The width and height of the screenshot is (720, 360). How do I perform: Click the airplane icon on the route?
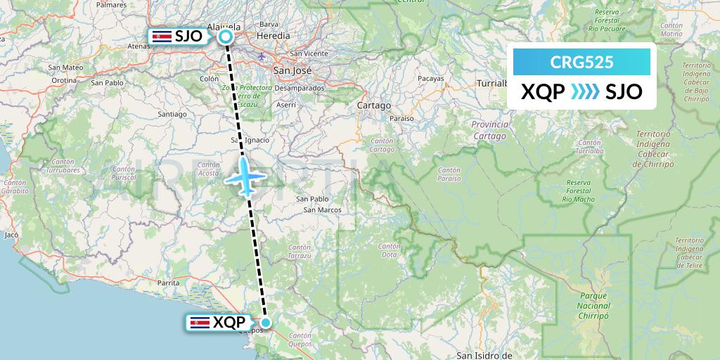pos(245,176)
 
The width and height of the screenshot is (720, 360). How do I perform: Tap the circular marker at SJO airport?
pos(226,37)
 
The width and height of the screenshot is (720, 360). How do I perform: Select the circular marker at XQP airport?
pos(266,322)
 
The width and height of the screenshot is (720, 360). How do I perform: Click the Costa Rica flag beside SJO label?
pos(162,37)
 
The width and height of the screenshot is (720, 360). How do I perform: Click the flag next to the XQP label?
pos(200,323)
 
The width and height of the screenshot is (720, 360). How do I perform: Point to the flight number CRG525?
pos(581,62)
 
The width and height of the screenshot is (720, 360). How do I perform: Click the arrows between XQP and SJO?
pos(585,92)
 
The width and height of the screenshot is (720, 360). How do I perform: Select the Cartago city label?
pos(373,105)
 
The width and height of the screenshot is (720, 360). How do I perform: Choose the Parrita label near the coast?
pos(169,282)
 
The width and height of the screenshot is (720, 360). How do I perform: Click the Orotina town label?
pos(63,80)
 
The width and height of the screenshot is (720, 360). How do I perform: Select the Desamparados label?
pos(300,88)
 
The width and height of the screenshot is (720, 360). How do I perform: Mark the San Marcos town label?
pos(323,210)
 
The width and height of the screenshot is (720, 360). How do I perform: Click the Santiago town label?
pos(172,113)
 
